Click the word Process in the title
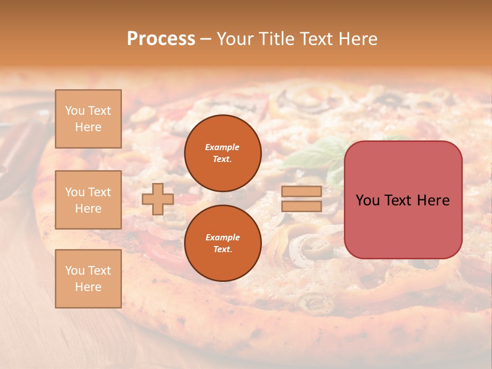[161, 39]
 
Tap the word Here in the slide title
[357, 39]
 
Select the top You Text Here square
[88, 119]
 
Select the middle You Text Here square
[88, 200]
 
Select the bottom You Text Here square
[88, 279]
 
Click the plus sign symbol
[158, 199]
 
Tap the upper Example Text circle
[223, 153]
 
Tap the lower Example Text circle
[223, 243]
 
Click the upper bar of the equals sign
[302, 191]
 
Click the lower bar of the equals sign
[302, 206]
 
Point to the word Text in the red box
[401, 200]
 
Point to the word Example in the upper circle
[222, 147]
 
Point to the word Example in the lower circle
[222, 237]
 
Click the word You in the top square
[75, 111]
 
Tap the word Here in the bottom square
[88, 287]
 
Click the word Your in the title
[235, 39]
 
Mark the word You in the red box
[367, 200]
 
